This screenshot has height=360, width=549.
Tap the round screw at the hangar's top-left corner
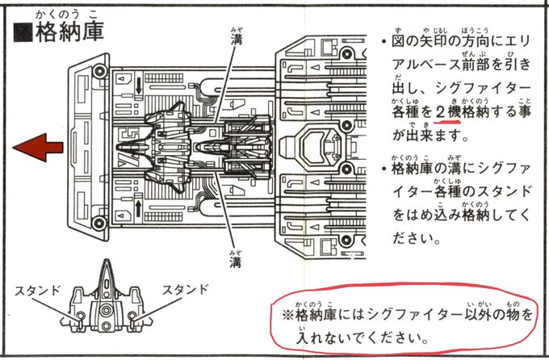coord(99,70)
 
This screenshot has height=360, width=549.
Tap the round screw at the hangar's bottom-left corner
coord(99,227)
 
